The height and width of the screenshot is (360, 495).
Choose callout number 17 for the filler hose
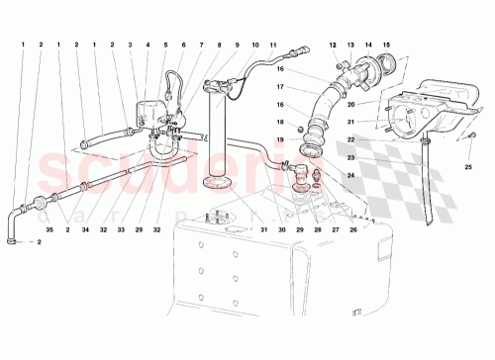[x=281, y=87]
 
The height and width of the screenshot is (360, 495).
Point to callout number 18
[x=281, y=121]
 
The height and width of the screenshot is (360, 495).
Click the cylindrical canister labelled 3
[x=148, y=109]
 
